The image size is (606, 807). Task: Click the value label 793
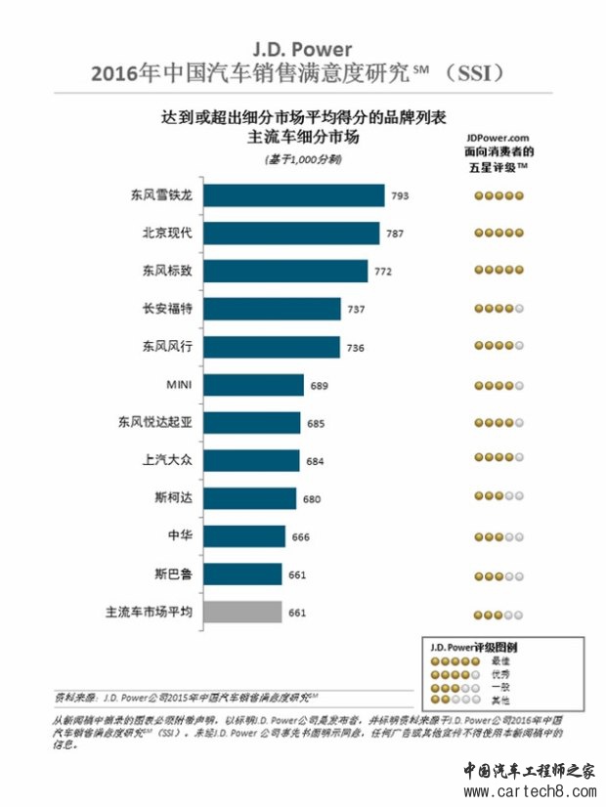400,196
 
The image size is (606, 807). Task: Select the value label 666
299,537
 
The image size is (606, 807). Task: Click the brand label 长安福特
168,309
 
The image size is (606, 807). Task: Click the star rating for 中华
498,537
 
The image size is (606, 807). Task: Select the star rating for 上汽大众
498,461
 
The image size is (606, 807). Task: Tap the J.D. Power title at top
302,48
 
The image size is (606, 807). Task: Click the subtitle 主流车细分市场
304,137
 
